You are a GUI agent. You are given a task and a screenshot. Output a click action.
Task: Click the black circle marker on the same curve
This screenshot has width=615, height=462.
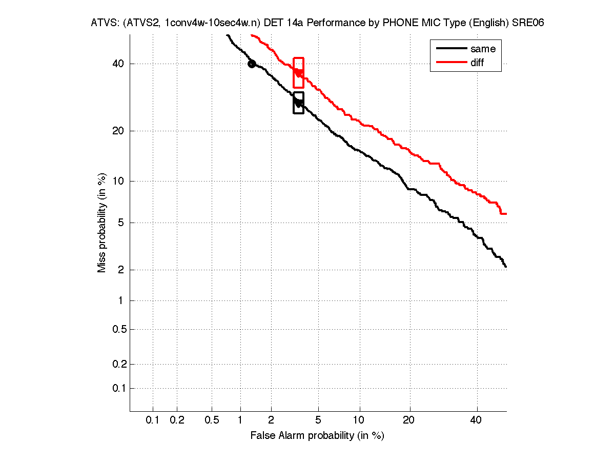tap(252, 64)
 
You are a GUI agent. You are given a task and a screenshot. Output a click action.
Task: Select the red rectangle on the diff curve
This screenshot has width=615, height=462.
tap(298, 73)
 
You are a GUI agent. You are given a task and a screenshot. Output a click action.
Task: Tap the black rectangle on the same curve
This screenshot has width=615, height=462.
tap(298, 103)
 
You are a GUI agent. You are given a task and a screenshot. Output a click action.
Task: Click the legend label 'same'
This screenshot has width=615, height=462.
tap(483, 49)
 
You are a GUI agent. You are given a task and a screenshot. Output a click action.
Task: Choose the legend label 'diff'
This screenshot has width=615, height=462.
tap(477, 63)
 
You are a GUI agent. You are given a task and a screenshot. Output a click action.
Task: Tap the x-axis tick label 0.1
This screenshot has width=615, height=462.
tap(153, 420)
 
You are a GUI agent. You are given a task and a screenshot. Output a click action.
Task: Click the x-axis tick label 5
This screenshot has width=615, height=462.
tap(318, 420)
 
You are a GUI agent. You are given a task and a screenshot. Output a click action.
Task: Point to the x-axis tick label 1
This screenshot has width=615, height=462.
tap(240, 420)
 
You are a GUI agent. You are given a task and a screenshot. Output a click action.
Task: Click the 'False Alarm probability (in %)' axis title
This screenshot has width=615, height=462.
tap(317, 436)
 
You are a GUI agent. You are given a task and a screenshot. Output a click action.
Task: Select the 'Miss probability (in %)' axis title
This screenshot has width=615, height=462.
tap(102, 223)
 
